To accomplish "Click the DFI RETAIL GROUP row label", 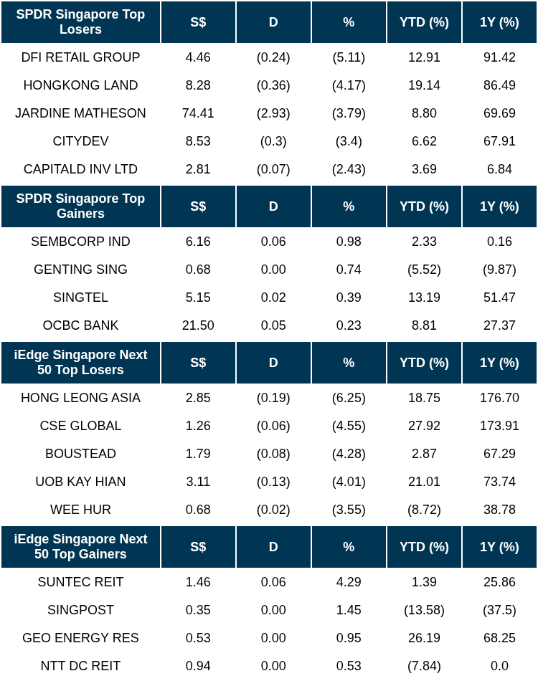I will [80, 57].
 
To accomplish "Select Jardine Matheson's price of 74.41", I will [198, 113].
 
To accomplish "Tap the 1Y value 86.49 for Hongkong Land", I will [499, 85].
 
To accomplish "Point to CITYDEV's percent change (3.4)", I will [349, 141].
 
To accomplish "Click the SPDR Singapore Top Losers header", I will [80, 22].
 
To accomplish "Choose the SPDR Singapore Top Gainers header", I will [80, 206].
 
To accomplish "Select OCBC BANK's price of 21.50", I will [198, 325].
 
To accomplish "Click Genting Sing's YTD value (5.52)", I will [424, 270].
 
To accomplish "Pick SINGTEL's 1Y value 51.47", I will [499, 297].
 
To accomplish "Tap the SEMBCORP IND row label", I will [80, 242].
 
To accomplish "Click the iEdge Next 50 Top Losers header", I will [80, 363].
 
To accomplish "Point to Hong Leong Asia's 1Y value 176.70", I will [499, 398].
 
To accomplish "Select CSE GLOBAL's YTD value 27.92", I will [424, 426].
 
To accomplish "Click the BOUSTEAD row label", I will [80, 454].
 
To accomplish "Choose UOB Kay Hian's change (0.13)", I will [273, 482].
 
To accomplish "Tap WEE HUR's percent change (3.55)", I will [349, 510].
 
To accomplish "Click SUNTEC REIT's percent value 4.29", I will [349, 582].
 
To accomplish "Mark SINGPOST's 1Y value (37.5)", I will [499, 610].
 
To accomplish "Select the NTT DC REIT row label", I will [80, 666].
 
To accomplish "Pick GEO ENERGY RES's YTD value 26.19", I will [424, 638].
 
